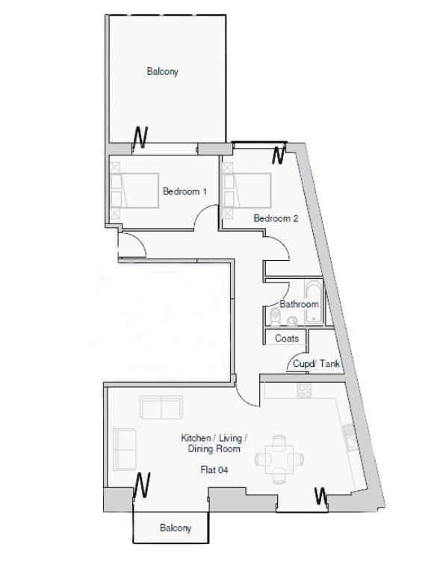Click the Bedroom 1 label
pyautogui.click(x=185, y=192)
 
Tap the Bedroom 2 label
pyautogui.click(x=276, y=219)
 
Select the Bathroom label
pyautogui.click(x=299, y=305)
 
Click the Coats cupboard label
pyautogui.click(x=287, y=339)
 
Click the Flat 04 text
pyautogui.click(x=214, y=471)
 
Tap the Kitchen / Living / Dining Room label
pyautogui.click(x=214, y=444)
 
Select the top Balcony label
pyautogui.click(x=162, y=72)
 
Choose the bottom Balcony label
pyautogui.click(x=176, y=528)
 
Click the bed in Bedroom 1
pyautogui.click(x=135, y=191)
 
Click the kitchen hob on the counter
pyautogui.click(x=305, y=390)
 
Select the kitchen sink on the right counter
pyautogui.click(x=349, y=436)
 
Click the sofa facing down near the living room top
pyautogui.click(x=161, y=408)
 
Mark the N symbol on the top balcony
pyautogui.click(x=140, y=136)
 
